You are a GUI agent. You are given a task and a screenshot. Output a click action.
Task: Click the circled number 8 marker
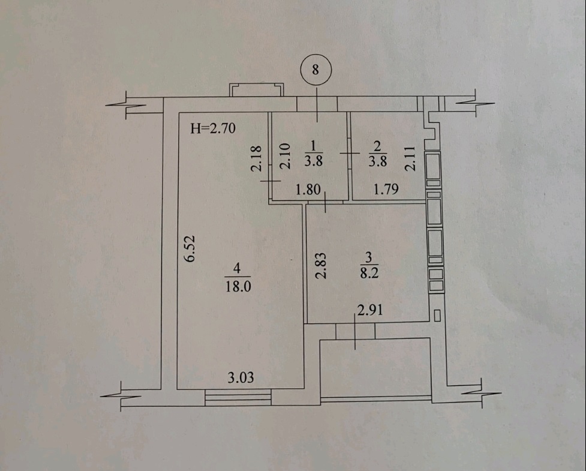pos(316,70)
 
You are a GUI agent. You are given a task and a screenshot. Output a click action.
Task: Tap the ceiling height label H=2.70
pos(213,128)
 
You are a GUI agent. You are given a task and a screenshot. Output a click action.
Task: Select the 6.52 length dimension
pos(190,248)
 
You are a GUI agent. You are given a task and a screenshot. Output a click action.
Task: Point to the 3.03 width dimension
pos(241,377)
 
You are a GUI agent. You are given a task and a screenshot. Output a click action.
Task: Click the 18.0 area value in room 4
pos(238,286)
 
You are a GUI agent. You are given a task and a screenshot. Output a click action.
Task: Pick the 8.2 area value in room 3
pos(369,272)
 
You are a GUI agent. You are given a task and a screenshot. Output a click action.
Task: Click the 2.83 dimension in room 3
pos(321,265)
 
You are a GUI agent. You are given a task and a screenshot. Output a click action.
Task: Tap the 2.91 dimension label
pos(370,310)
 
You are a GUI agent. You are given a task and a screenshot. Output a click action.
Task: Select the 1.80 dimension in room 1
pos(308,190)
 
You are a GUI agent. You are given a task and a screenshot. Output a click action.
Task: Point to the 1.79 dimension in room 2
pos(386,189)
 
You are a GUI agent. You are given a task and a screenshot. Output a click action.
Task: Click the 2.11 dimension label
pos(410,158)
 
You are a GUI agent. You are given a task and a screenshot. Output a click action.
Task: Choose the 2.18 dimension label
pos(256,158)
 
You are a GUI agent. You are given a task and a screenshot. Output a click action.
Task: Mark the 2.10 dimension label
pos(285,156)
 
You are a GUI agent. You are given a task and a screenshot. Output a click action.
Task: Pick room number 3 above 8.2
pos(369,257)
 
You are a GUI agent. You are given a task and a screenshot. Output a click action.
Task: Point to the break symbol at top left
pos(125,104)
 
